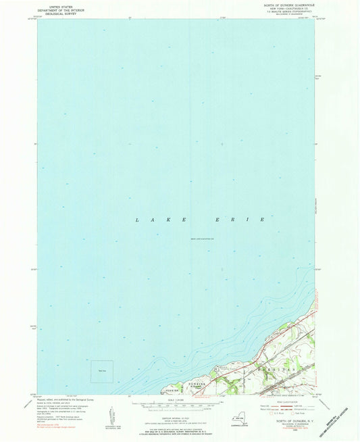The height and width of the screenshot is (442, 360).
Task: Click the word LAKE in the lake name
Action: [x=149, y=220]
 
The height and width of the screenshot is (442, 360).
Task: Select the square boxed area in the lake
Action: [x=102, y=371]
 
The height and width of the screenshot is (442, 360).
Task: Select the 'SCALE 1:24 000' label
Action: [x=179, y=400]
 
